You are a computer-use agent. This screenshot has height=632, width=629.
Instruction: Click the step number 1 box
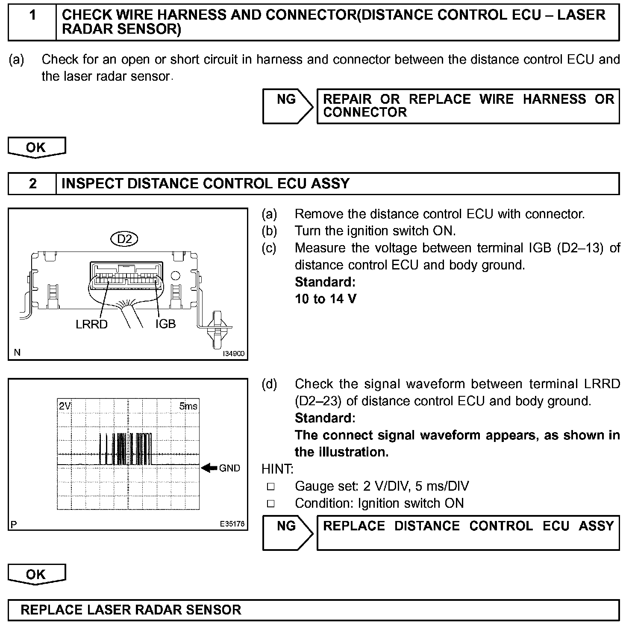[x=32, y=22]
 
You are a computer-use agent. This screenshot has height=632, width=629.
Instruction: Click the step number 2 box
[x=32, y=184]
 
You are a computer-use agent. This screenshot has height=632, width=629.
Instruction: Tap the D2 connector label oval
[x=124, y=239]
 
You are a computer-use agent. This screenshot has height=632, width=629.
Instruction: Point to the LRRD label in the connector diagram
[x=91, y=325]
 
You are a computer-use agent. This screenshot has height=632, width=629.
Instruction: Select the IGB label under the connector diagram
[x=165, y=324]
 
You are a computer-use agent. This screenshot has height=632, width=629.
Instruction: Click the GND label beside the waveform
[x=229, y=468]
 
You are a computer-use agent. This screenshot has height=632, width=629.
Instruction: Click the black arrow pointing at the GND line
[x=209, y=468]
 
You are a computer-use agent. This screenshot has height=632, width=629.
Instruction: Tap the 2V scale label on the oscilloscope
[x=65, y=406]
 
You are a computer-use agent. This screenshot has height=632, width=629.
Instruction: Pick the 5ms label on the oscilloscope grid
[x=188, y=406]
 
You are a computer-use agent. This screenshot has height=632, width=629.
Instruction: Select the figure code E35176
[x=232, y=524]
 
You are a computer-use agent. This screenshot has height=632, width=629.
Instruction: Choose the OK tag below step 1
[x=36, y=147]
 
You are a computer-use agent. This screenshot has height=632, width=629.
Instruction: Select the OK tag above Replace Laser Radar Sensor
[x=36, y=574]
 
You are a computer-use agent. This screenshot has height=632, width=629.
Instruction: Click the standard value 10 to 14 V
[x=326, y=299]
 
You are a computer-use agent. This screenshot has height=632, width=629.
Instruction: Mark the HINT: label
[x=277, y=469]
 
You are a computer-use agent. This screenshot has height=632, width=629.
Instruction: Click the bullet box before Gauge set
[x=270, y=486]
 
